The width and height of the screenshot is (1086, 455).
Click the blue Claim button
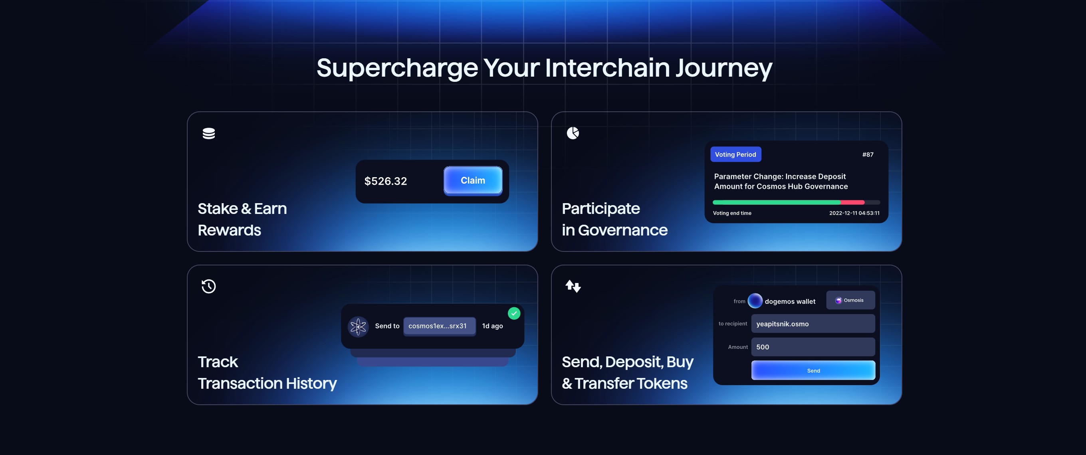tap(473, 181)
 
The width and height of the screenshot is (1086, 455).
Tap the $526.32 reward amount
tap(385, 181)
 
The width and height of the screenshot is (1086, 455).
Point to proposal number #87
tap(868, 154)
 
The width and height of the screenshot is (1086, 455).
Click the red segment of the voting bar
tap(852, 202)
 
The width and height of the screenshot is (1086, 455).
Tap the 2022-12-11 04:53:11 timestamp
tap(854, 213)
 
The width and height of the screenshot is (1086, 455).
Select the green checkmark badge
tap(514, 313)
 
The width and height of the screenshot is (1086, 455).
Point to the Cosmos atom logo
tap(358, 326)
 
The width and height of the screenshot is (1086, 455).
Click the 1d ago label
tap(492, 326)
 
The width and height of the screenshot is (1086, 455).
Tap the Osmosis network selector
tap(850, 301)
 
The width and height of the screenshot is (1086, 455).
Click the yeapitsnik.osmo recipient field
tap(813, 324)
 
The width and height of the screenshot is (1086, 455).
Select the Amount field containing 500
tap(813, 347)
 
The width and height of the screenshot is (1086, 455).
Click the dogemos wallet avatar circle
tap(755, 301)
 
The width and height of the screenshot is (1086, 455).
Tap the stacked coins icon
tap(209, 134)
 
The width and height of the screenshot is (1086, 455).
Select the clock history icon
tap(209, 287)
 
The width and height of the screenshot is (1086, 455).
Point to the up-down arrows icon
tap(573, 287)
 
